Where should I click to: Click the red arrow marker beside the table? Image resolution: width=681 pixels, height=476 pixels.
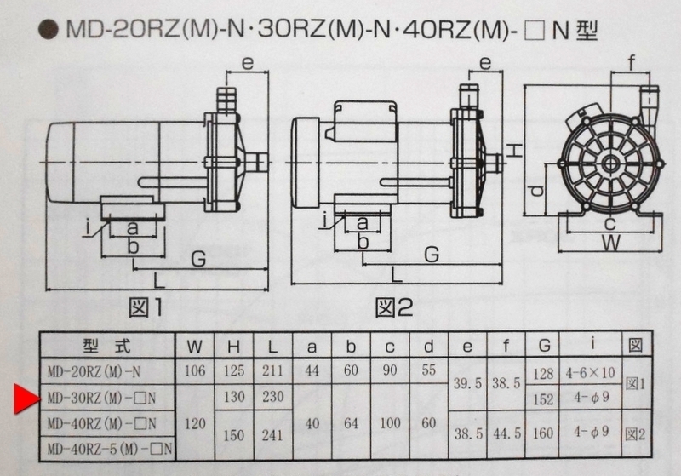[26, 399]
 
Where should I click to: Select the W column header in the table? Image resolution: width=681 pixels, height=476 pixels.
[195, 347]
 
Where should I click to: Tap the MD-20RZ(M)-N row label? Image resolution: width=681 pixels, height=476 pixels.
[94, 372]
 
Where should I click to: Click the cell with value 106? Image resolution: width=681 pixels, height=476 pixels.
[195, 371]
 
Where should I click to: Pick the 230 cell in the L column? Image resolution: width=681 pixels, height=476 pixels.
[272, 397]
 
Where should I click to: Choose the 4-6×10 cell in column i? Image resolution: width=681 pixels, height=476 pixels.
[591, 373]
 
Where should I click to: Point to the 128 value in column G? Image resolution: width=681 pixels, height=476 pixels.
[543, 374]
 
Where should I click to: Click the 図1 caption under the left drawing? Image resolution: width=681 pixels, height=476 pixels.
[146, 307]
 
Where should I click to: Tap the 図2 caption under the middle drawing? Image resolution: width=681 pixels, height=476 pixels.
[394, 307]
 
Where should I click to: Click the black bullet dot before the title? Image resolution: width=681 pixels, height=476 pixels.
[49, 30]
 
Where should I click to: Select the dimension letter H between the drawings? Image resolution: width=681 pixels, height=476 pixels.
[515, 150]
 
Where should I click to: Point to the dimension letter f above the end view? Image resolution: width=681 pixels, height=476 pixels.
[632, 63]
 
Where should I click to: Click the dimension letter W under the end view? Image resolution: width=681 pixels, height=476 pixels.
[610, 243]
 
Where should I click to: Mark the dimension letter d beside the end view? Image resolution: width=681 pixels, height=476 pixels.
[538, 190]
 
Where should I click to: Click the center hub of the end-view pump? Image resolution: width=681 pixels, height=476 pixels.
[610, 163]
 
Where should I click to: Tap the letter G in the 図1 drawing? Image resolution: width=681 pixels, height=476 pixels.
[198, 259]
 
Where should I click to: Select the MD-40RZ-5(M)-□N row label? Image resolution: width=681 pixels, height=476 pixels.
[110, 449]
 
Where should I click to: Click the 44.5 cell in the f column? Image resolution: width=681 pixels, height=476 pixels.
[506, 433]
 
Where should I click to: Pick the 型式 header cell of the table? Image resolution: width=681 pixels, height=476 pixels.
[107, 346]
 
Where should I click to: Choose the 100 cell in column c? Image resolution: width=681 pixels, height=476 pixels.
[390, 422]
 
